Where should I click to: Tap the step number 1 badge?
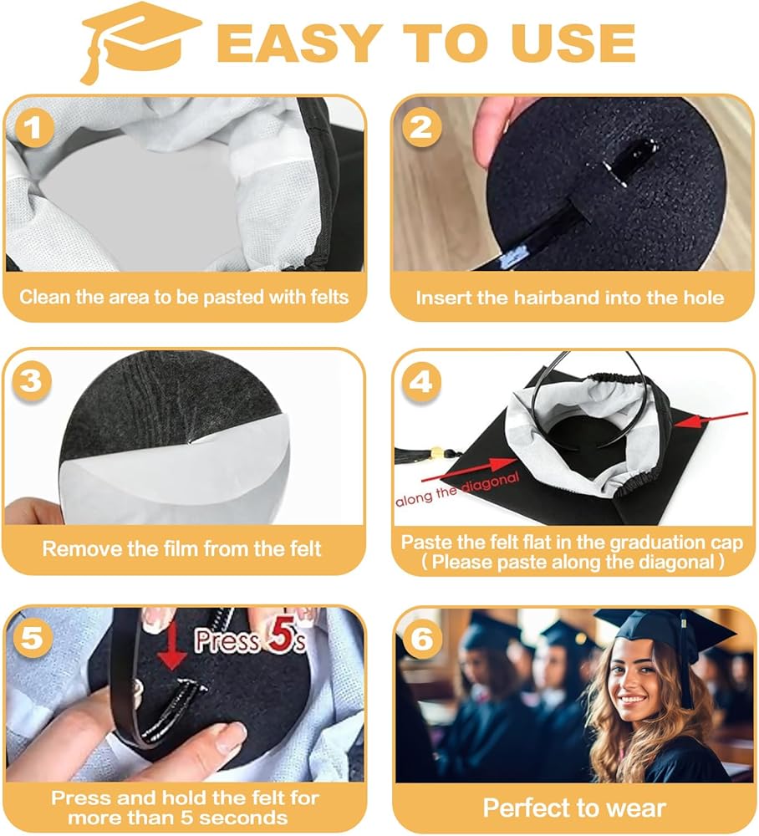(34, 128)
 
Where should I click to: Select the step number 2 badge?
(421, 127)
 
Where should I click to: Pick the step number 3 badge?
(32, 381)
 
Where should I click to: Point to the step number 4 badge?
(421, 382)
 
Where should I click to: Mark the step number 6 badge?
(422, 638)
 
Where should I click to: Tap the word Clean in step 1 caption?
(45, 297)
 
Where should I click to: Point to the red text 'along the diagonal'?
(456, 490)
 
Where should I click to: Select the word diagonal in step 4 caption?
(672, 562)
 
